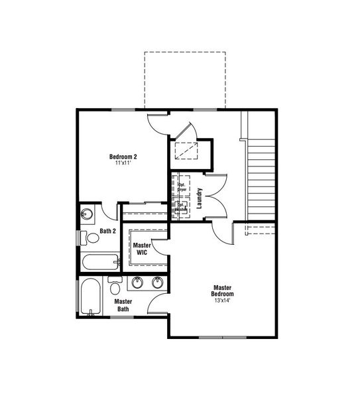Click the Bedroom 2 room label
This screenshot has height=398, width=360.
tap(123, 157)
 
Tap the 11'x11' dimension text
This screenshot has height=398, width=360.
tap(123, 163)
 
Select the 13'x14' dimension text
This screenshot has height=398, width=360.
tap(222, 300)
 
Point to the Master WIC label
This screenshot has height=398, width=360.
tap(143, 249)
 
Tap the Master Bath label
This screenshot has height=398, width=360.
tap(123, 305)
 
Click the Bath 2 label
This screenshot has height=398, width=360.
tap(108, 232)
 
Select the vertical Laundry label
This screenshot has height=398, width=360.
tap(199, 198)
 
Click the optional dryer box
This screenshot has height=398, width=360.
tap(182, 186)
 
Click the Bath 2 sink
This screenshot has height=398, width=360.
tap(87, 214)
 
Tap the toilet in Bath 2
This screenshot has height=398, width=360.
tap(86, 236)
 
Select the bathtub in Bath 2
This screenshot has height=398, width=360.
tap(99, 261)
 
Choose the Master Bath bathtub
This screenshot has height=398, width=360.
tap(90, 297)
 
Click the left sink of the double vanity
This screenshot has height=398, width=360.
tap(138, 283)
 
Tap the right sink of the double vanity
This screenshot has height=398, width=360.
tap(158, 283)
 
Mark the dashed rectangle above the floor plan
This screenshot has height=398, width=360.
tap(184, 80)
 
